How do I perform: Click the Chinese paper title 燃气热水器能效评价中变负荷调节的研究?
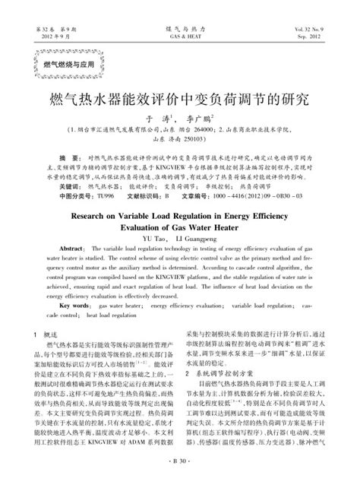[x=180, y=100]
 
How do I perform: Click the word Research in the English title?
[x=94, y=216]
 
